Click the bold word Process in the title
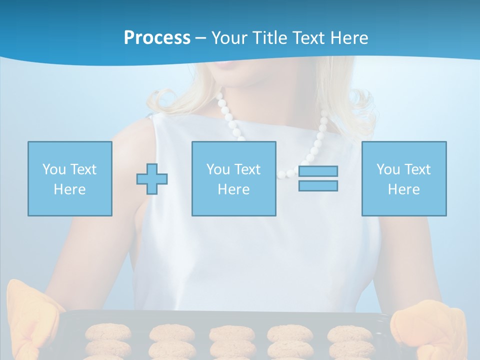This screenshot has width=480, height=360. click(157, 38)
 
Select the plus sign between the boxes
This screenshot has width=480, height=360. click(152, 179)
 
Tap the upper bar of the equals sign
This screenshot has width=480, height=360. click(318, 171)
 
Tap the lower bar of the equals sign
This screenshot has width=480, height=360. click(318, 185)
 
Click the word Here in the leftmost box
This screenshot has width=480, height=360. click(69, 189)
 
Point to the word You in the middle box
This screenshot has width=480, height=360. click(218, 169)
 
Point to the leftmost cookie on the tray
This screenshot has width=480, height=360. click(108, 332)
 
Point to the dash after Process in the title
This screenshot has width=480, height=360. click(201, 38)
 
